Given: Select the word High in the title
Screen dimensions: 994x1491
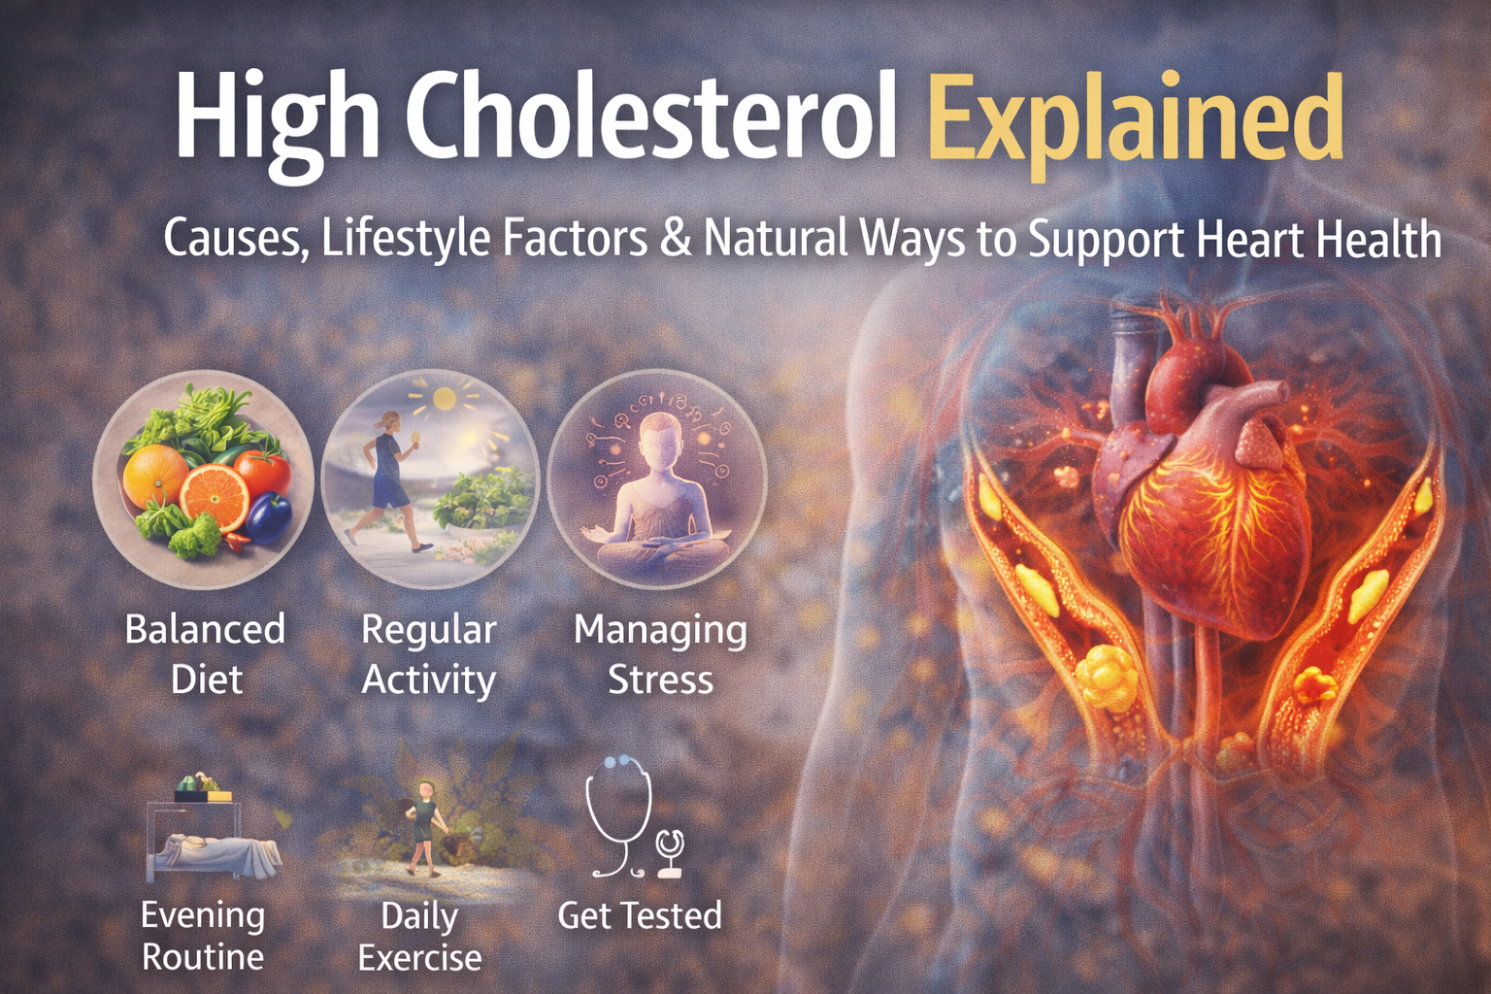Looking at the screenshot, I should tap(277, 121).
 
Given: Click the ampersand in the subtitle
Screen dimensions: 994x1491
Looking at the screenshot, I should tap(676, 239).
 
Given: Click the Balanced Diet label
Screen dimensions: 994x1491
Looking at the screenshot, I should tap(205, 654).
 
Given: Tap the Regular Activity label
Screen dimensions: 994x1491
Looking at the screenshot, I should tap(428, 654).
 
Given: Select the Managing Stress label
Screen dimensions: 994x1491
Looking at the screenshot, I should tap(660, 654).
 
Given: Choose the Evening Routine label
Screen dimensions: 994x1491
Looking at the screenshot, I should tap(203, 935).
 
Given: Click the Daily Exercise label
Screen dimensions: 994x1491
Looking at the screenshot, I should tap(419, 936).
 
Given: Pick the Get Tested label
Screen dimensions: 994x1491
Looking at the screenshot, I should tap(640, 915).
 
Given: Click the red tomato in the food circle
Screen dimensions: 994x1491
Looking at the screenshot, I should tap(264, 472).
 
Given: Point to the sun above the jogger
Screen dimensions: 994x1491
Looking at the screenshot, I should tap(445, 398).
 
